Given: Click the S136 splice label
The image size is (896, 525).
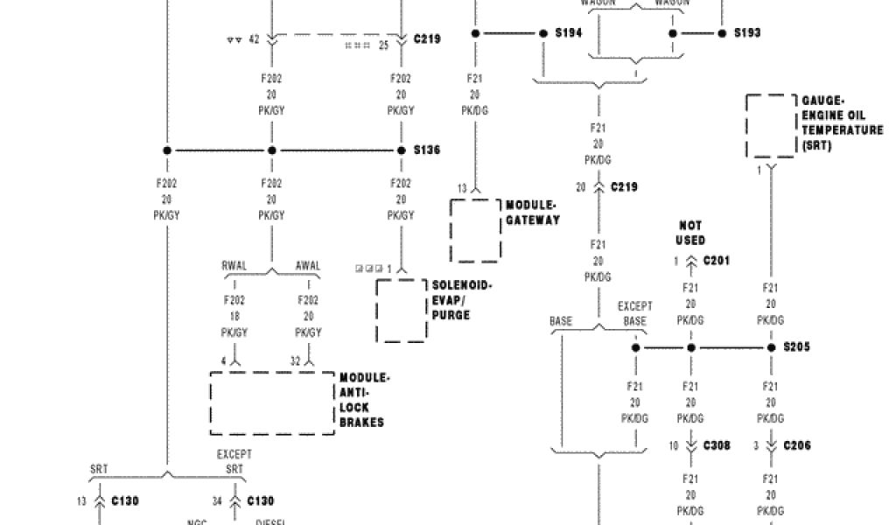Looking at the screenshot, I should (x=427, y=150).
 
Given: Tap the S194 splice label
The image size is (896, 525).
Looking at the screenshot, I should (x=570, y=33).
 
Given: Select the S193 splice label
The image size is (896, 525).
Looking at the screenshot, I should (x=746, y=33).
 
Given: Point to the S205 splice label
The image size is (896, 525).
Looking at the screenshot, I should (x=796, y=347).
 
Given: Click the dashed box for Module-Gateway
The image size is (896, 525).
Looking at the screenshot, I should (x=476, y=230).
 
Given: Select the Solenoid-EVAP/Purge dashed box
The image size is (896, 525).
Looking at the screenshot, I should (x=401, y=311).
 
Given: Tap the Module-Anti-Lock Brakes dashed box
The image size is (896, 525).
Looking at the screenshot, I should (x=272, y=403).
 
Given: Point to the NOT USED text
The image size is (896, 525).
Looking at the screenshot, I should (x=690, y=233).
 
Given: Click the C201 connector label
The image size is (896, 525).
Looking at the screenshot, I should (x=715, y=261).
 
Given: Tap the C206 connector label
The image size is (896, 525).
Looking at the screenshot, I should (x=796, y=445).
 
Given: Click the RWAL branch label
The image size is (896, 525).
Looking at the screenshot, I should (x=234, y=266).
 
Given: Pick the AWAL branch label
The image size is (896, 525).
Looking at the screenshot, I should (x=308, y=266).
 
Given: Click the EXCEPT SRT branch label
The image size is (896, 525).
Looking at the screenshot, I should (x=234, y=462).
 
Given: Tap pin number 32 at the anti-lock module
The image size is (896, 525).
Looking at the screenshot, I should (x=297, y=360).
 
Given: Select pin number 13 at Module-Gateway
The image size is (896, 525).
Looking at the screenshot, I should (x=461, y=188).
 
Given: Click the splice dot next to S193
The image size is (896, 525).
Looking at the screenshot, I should (x=722, y=33).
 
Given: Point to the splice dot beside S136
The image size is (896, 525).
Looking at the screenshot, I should (x=402, y=150).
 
